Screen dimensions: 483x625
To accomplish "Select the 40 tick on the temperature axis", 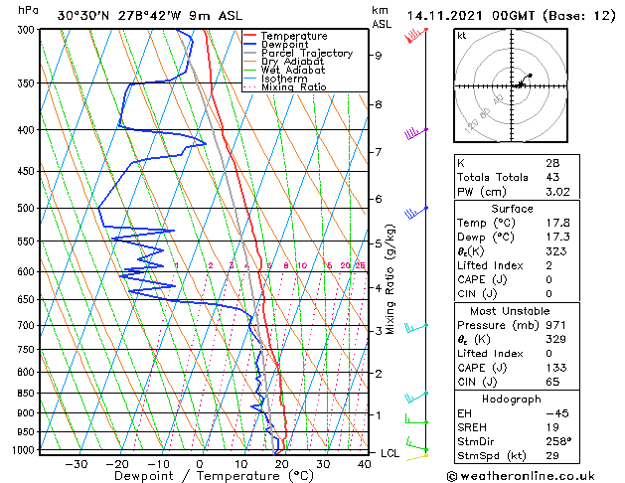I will click(x=365, y=464).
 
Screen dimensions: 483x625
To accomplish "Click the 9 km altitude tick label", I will click(x=378, y=56).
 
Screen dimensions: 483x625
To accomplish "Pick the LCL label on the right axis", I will click(x=391, y=452).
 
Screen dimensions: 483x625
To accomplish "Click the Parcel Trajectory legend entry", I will click(x=306, y=53).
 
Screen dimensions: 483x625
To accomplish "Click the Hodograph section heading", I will click(x=513, y=399).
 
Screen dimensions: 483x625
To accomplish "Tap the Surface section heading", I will click(x=513, y=209).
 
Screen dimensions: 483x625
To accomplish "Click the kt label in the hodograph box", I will click(x=462, y=36).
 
